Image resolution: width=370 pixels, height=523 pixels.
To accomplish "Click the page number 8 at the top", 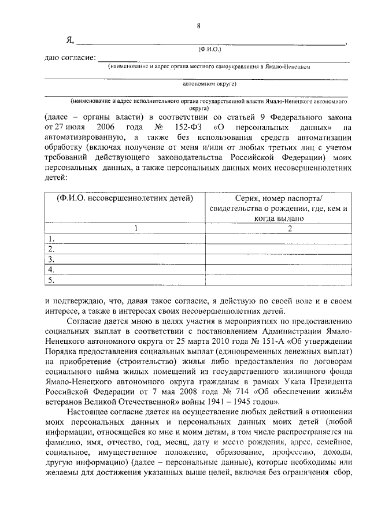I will click(198, 25).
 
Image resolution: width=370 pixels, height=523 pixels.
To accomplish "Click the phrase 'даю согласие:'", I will click(69, 59).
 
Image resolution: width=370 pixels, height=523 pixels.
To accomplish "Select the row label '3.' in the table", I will click(52, 259).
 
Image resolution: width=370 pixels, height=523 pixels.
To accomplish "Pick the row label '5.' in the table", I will click(52, 280).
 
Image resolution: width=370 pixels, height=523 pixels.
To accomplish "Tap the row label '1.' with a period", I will click(52, 239).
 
